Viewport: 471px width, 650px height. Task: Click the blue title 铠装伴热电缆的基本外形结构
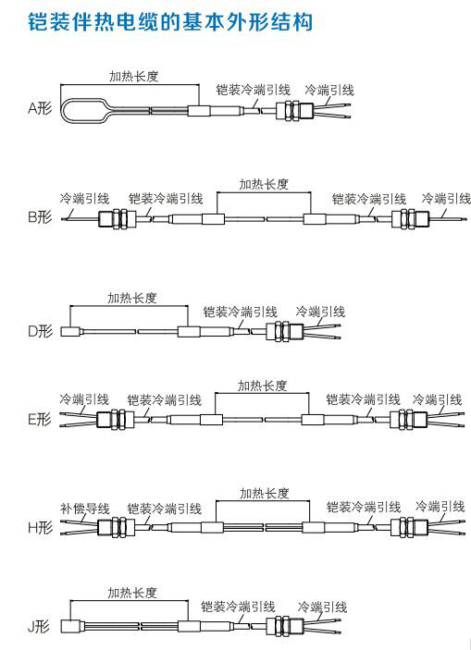pyautogui.click(x=170, y=21)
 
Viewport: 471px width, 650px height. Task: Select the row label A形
pyautogui.click(x=41, y=108)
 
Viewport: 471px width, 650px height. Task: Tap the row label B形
pyautogui.click(x=41, y=216)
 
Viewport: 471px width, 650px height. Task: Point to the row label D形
pyautogui.click(x=41, y=331)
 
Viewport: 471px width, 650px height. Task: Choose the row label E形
pyautogui.click(x=41, y=419)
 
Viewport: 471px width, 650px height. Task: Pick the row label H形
pyautogui.click(x=41, y=527)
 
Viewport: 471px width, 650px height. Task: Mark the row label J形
pyautogui.click(x=40, y=626)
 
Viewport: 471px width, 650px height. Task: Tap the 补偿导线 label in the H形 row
pyautogui.click(x=84, y=508)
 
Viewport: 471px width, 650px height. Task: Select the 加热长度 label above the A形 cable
pyautogui.click(x=133, y=76)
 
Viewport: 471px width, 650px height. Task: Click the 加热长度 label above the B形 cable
pyautogui.click(x=264, y=184)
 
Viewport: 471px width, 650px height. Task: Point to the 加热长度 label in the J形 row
pyautogui.click(x=132, y=593)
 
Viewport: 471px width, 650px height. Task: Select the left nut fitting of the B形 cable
pyautogui.click(x=118, y=218)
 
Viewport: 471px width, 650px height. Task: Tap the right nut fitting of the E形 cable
pyautogui.click(x=408, y=419)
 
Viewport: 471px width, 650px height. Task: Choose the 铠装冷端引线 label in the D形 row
pyautogui.click(x=241, y=312)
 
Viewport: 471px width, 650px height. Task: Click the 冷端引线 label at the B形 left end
pyautogui.click(x=84, y=198)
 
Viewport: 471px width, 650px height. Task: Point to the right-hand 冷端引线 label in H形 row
pyautogui.click(x=440, y=506)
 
